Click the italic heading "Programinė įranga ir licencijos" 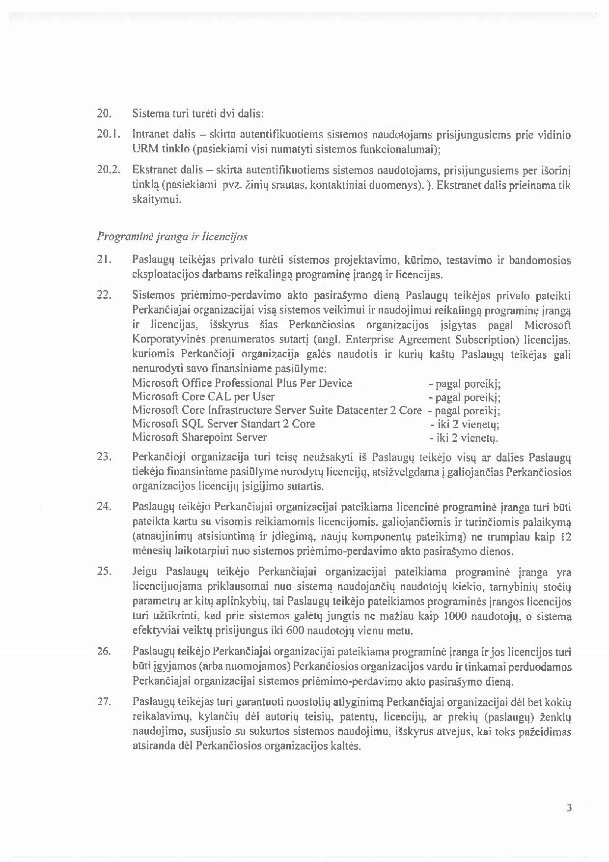(172, 237)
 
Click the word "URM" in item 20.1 (142, 148)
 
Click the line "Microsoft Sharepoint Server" (199, 437)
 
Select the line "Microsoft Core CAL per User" (203, 397)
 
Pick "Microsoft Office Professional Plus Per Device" (242, 383)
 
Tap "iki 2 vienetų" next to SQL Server (465, 425)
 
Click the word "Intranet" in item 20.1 (149, 134)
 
